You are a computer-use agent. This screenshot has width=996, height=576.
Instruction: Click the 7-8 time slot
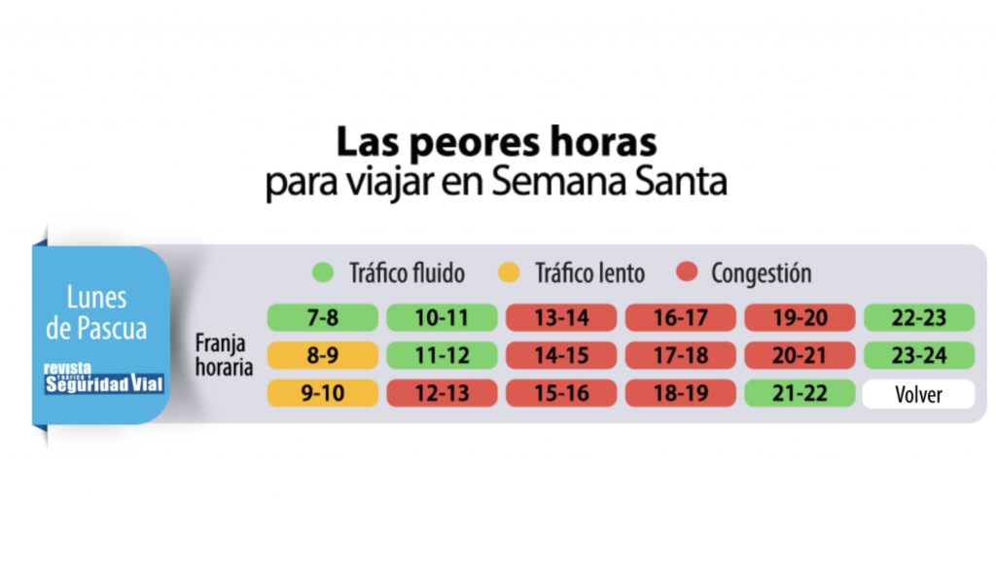[x=322, y=317]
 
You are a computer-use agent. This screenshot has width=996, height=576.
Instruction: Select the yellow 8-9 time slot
[x=322, y=355]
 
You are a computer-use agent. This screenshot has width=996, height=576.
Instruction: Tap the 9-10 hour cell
[x=322, y=394]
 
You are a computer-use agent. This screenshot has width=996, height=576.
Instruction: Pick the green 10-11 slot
[x=441, y=317]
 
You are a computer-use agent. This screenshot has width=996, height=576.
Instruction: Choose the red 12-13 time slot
[x=441, y=394]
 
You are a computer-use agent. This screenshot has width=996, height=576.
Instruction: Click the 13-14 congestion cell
[x=560, y=317]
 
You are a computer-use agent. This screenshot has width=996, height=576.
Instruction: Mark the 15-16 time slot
[x=560, y=394]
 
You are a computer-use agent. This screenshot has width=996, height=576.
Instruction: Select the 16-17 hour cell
[x=679, y=317]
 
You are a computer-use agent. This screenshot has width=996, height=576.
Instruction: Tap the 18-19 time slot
[x=679, y=394]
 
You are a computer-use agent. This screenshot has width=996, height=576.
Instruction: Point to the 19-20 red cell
[x=799, y=317]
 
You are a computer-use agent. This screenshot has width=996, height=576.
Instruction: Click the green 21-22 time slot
[x=799, y=394]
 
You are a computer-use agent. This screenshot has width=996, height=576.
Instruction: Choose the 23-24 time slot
[x=918, y=355]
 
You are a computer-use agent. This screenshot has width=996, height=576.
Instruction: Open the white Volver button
[x=918, y=394]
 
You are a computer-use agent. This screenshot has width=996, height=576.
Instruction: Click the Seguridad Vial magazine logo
[x=104, y=379]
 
